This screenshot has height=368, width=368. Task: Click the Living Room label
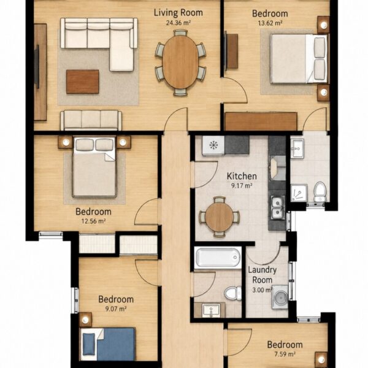coord(178,13)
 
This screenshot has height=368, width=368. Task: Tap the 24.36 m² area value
coord(178,23)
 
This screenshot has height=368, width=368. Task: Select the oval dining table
coord(180,62)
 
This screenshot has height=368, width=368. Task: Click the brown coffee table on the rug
coord(82,82)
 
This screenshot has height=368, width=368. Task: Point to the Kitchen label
coord(242,176)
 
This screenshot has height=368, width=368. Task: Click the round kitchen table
coord(220,217)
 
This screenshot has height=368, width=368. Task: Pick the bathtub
coord(218,258)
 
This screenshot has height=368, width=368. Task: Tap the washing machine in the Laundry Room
coord(280,297)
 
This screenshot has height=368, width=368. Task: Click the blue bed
coord(108,344)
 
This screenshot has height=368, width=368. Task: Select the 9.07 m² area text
coord(116,309)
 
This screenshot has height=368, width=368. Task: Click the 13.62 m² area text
coord(270,23)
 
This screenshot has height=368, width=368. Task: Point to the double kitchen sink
coord(277,207)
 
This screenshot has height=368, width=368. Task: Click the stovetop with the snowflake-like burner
coord(213,145)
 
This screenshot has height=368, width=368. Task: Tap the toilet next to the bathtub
coord(233,293)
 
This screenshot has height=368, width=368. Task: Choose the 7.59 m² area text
coord(285,354)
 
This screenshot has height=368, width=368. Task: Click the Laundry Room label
coord(262,275)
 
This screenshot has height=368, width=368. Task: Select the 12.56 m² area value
coord(93,221)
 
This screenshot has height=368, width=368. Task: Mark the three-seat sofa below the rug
coord(91,120)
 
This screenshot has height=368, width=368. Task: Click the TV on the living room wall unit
coord(37,67)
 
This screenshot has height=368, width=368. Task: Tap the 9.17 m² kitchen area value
coord(242,186)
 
